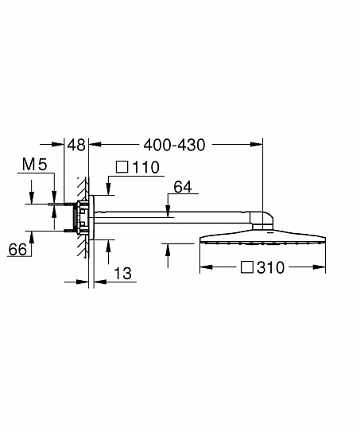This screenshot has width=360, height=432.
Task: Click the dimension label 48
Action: pos(77,145)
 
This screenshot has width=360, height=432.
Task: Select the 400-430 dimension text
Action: pos(175,145)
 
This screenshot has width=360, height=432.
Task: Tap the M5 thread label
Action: pos(35,165)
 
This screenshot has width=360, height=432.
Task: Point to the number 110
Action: pos(146,167)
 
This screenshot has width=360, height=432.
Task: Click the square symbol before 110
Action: pos(122,167)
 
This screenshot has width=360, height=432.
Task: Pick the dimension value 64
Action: pos(183,187)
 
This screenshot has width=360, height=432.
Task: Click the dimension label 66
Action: pos(17,250)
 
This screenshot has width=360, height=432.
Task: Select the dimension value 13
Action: pos(122,274)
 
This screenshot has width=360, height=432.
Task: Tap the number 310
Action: pos(270,267)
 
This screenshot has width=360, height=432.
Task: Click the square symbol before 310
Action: pos(247,267)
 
